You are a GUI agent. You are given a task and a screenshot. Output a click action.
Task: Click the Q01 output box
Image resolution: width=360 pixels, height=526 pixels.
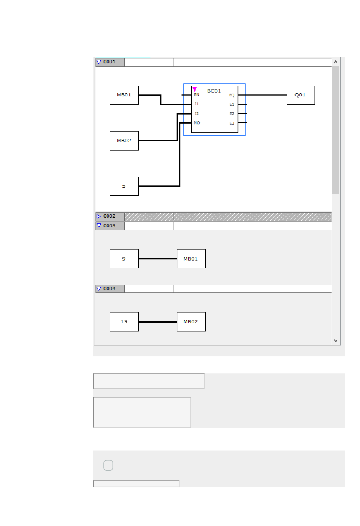click(x=301, y=95)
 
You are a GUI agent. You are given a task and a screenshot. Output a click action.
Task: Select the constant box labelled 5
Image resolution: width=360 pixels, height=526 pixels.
click(x=124, y=186)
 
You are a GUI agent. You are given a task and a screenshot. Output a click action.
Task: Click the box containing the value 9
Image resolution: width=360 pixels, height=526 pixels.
click(x=124, y=259)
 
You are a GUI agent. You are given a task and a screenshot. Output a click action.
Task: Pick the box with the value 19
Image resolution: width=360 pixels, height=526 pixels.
click(x=124, y=322)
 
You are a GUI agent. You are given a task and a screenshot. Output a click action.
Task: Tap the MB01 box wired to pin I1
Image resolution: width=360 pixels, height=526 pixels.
click(x=124, y=95)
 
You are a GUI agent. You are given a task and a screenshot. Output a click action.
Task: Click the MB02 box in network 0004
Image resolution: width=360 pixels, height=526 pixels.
click(x=191, y=322)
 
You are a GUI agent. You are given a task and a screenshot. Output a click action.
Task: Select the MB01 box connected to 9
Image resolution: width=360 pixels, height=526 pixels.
click(x=191, y=259)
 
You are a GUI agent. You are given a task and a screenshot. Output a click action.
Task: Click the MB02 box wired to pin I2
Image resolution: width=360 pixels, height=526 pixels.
click(x=124, y=141)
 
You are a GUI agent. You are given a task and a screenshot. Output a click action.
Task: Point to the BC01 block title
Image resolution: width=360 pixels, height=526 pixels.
click(x=214, y=91)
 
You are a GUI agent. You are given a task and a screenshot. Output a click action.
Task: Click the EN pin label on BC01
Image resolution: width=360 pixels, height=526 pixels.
click(x=197, y=95)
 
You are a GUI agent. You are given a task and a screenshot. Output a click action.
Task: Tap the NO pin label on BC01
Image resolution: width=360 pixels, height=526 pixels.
click(x=197, y=123)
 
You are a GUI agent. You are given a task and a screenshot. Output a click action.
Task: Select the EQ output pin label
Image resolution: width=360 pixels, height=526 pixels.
click(x=232, y=95)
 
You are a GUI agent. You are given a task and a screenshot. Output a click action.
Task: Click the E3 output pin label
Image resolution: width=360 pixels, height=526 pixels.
click(x=232, y=123)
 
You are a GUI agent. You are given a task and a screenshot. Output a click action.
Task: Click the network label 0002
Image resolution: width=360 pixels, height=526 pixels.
click(x=109, y=216)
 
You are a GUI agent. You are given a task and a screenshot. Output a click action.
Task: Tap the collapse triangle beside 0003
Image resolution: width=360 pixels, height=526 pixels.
click(x=99, y=226)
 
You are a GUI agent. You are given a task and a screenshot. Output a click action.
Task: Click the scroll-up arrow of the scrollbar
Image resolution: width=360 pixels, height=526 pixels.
click(x=335, y=62)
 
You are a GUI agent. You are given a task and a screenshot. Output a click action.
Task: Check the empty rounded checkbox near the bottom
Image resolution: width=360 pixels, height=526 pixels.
click(x=108, y=465)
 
